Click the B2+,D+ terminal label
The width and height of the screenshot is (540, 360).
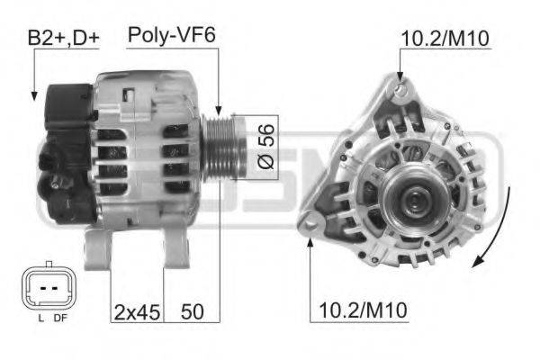click(63, 39)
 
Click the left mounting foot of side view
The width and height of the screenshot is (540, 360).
click(97, 249)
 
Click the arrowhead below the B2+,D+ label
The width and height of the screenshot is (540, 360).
click(32, 94)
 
